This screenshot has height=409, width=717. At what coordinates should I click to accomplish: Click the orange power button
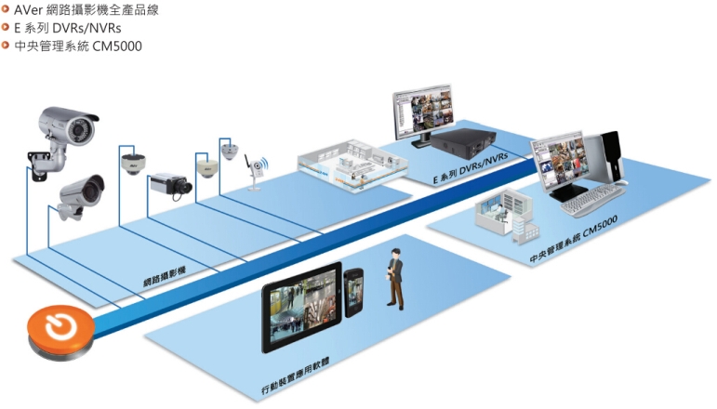click(60, 331)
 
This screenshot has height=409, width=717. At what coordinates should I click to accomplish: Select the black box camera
click(171, 185)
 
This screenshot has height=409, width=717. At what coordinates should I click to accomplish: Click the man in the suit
click(395, 279)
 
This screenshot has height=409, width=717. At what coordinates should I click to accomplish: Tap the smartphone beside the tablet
click(353, 292)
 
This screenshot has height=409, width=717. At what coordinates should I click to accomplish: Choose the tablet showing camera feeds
click(302, 307)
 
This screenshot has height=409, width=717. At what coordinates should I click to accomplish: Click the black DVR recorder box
click(463, 140)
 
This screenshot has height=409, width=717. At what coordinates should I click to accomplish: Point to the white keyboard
click(593, 200)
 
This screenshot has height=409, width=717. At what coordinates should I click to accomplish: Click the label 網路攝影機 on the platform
click(165, 277)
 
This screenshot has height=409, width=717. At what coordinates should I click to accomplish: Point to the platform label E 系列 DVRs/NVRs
click(471, 168)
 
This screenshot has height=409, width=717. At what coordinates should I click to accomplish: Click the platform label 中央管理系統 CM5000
click(574, 238)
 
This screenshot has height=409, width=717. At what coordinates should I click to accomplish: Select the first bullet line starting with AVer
click(81, 9)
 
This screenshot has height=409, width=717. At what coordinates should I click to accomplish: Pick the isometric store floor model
click(352, 165)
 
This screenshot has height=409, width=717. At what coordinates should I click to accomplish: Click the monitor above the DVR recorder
click(423, 114)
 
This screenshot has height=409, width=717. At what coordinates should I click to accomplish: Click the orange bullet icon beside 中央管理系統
click(6, 46)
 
